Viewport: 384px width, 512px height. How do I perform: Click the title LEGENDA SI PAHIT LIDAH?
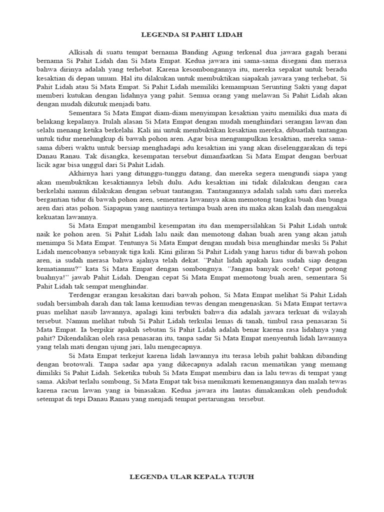(x=192, y=35)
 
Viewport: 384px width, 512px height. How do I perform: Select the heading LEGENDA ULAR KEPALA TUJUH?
(x=192, y=477)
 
